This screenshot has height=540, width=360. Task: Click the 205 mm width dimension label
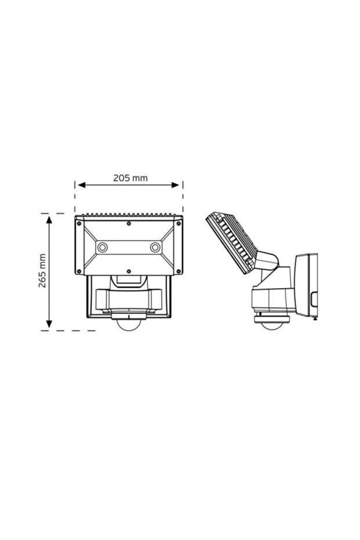tap(130, 178)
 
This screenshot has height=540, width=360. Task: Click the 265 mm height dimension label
tap(41, 271)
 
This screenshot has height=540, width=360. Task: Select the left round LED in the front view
tap(102, 248)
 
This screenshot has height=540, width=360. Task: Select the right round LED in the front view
tap(155, 248)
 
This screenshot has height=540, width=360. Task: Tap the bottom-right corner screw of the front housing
tap(178, 271)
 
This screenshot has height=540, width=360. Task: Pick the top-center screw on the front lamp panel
tap(129, 223)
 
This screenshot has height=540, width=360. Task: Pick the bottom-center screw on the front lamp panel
tap(129, 271)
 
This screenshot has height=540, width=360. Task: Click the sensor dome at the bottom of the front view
tap(129, 325)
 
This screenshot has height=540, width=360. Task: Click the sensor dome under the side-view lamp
tap(268, 324)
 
